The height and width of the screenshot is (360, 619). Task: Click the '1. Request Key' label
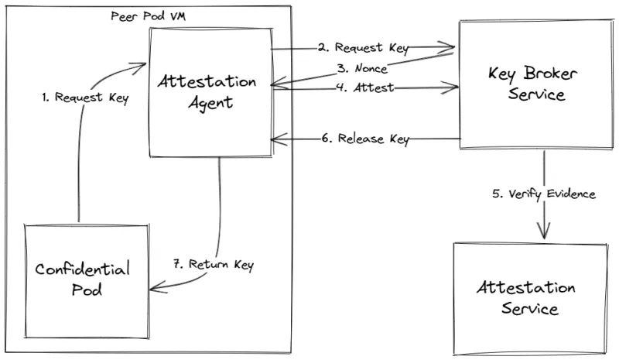coord(85,98)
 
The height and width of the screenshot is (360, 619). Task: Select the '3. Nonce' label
coord(356,68)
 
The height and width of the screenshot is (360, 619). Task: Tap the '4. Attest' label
coord(364,88)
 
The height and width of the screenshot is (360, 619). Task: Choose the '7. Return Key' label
coord(212,265)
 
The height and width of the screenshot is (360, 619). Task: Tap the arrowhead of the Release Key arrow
coord(275,140)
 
